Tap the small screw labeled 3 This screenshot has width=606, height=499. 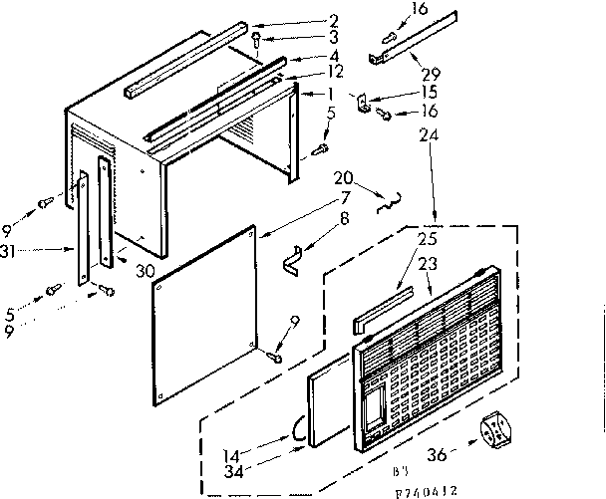click(x=257, y=43)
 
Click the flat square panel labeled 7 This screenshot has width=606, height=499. click(x=209, y=319)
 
